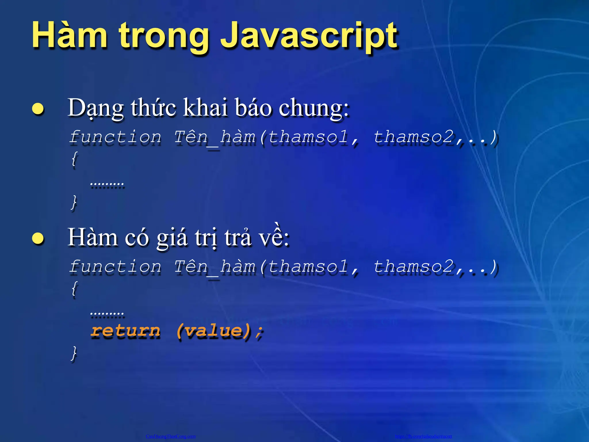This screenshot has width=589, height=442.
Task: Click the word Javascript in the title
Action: [309, 36]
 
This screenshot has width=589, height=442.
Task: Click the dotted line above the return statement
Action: [107, 313]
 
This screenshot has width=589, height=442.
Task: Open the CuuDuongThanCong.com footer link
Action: [171, 436]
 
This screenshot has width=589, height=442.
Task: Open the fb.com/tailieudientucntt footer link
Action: [423, 436]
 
